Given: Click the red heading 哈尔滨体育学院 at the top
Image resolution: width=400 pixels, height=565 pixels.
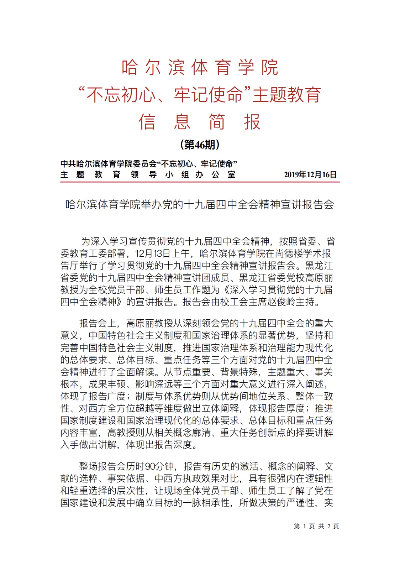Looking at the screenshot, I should coord(200,67).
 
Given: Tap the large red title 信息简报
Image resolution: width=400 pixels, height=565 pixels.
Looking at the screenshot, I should coord(200,122).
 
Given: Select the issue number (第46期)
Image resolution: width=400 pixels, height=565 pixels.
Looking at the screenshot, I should coord(200,145).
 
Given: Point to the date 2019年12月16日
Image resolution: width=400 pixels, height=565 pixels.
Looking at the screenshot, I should coord(310,174).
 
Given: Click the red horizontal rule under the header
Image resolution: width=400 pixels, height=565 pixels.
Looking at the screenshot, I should coord(200,182).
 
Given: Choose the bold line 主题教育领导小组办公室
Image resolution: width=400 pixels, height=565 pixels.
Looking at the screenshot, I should coord(148,174).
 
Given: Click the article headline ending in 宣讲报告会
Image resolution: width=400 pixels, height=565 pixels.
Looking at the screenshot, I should coord(200,205).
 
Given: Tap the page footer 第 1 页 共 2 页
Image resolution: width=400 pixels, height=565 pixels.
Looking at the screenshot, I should coord(316,526).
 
